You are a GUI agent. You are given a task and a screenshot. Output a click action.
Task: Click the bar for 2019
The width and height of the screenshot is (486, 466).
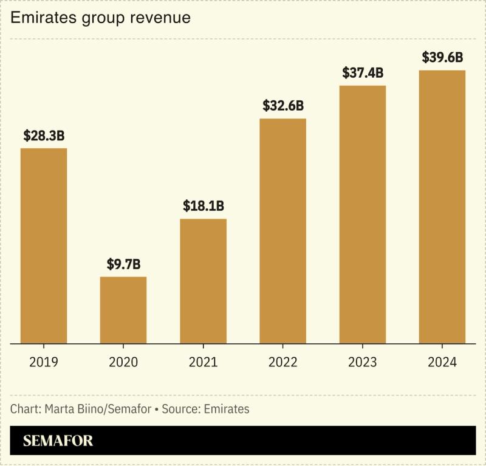coord(44,246)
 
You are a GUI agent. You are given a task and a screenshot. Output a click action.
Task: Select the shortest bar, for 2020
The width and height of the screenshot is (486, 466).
coord(123,310)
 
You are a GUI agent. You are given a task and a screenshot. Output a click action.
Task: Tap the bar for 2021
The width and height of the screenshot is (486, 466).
coord(203,281)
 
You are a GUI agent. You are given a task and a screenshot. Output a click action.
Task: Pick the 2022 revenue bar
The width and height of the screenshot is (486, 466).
coord(282,231)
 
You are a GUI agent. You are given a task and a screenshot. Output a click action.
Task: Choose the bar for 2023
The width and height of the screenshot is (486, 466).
coord(363,214)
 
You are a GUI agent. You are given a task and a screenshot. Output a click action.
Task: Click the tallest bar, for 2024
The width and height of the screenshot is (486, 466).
coord(442,207)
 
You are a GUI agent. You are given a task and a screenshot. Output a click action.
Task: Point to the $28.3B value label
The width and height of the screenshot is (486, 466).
coord(44,136)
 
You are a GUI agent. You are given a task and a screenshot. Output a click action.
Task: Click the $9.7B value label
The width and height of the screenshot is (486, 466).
coord(123,264)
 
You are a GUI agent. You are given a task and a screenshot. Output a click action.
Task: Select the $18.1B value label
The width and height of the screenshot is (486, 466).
coord(203,206)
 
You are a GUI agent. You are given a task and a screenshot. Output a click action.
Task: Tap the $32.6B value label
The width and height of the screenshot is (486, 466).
coord(282,106)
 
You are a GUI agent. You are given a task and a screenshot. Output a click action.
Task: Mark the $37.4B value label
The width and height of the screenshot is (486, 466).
coord(363,73)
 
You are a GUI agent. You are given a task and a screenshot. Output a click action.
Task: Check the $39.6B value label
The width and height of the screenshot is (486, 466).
coord(442,58)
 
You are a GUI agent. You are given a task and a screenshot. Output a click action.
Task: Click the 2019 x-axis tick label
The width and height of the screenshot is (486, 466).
coord(44,362)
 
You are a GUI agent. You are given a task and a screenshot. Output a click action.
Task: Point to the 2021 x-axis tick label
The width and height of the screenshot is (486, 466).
coord(203,362)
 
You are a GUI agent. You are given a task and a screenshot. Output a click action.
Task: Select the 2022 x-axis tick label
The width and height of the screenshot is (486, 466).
coord(282,362)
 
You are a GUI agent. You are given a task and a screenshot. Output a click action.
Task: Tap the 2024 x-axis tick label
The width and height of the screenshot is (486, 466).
coord(442,362)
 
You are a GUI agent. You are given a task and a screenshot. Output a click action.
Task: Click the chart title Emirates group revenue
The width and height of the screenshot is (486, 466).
coord(100,18)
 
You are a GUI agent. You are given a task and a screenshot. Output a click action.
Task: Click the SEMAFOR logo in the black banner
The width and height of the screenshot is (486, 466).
coord(58,441)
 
